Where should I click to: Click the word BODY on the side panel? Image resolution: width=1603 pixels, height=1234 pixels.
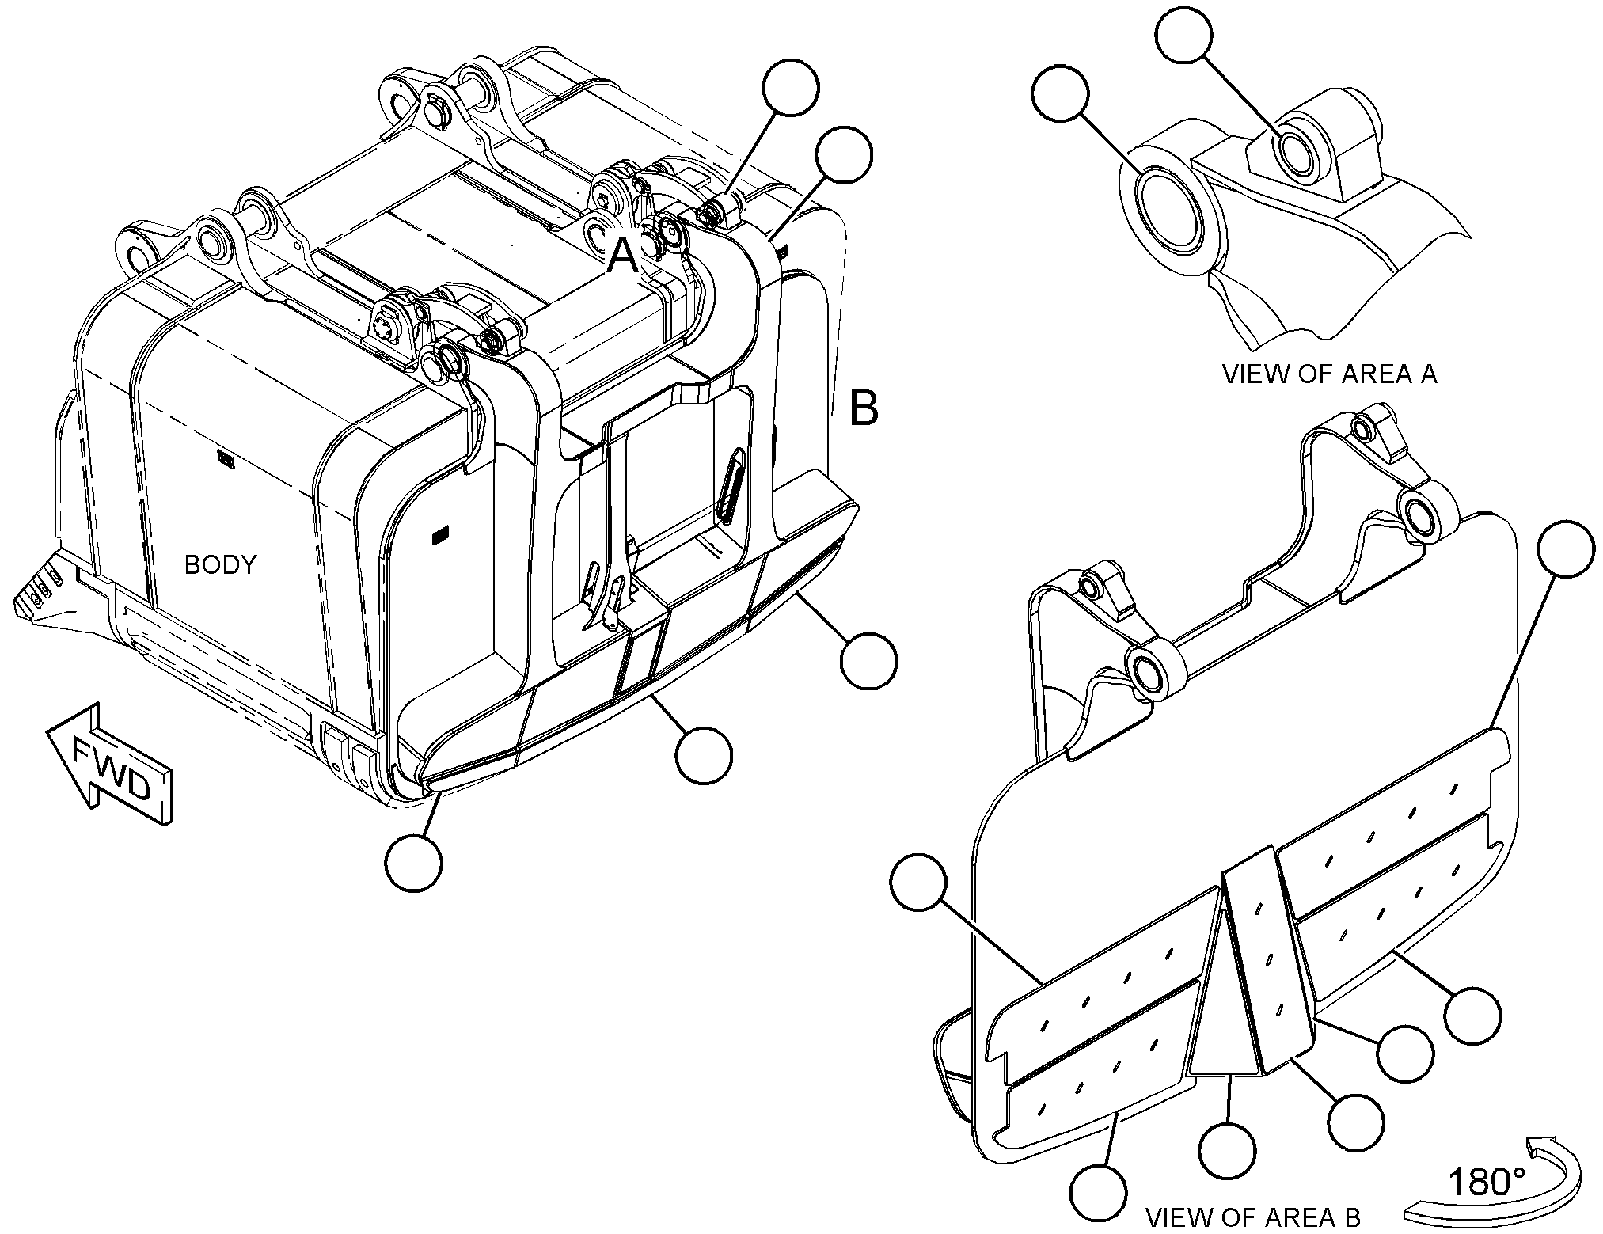coord(221,564)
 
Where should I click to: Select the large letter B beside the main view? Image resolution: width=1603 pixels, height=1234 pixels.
coord(864,408)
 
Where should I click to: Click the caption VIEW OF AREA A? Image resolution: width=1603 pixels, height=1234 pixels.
coord(1330,374)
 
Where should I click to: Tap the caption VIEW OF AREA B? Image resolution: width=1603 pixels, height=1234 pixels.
coord(1253,1217)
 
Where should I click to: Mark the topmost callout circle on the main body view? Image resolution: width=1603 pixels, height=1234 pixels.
coord(791,89)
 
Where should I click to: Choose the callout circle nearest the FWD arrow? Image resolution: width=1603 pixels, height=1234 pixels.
coord(413,862)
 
